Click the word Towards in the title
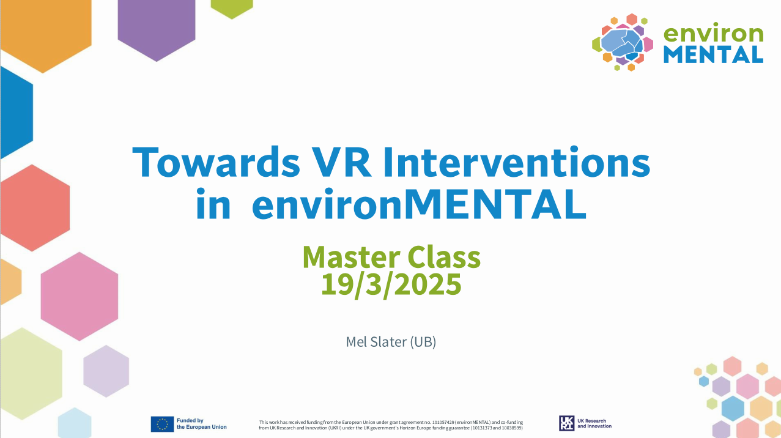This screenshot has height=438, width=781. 216,162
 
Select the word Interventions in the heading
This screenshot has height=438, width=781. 517,162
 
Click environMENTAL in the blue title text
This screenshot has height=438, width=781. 419,204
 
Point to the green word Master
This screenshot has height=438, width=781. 351,258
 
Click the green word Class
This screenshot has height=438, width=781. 444,258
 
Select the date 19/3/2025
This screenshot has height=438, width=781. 391,284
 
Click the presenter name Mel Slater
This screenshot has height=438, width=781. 376,342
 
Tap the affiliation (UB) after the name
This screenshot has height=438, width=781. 423,342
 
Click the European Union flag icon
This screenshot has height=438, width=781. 162,424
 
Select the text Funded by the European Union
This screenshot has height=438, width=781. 202,424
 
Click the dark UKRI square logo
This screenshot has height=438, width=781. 566,423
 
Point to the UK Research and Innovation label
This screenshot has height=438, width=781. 594,423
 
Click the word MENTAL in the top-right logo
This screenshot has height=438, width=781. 713,54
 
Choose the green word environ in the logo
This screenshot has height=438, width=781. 713,34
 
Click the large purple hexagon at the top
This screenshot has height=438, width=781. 157,28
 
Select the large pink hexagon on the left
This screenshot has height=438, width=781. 80,297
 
